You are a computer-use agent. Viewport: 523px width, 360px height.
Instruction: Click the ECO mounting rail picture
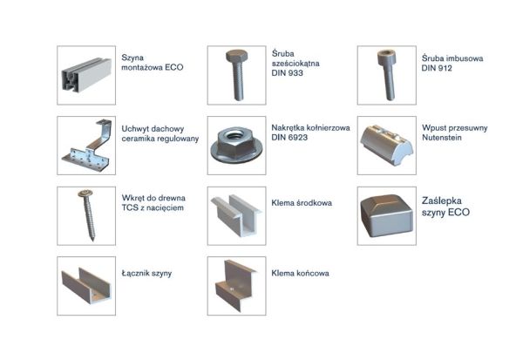click(x=86, y=76)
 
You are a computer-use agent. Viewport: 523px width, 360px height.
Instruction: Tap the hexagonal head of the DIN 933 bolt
click(x=236, y=56)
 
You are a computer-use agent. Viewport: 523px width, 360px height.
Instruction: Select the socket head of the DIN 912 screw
click(x=386, y=57)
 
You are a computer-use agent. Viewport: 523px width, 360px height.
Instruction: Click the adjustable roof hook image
click(x=86, y=146)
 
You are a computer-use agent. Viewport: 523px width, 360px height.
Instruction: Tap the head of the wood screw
click(x=85, y=194)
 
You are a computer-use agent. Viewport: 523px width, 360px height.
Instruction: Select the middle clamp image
click(x=236, y=215)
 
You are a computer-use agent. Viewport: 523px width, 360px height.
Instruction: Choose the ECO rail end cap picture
click(x=387, y=215)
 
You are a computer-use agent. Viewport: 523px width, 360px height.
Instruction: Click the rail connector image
click(x=86, y=286)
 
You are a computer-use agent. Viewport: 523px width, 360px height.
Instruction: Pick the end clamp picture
click(x=236, y=286)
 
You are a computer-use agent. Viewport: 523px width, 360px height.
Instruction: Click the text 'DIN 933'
click(x=287, y=72)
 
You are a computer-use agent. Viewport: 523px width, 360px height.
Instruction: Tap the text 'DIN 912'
click(x=437, y=68)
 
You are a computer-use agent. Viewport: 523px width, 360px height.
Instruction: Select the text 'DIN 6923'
click(x=289, y=137)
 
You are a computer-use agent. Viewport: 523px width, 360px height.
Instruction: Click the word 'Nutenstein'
click(x=442, y=137)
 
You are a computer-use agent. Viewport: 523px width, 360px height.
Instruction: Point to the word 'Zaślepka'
click(x=442, y=200)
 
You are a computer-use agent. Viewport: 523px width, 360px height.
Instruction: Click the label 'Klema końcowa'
click(x=300, y=273)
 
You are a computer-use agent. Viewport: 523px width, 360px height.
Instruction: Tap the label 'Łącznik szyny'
click(x=146, y=273)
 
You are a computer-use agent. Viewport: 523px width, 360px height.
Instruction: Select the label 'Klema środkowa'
click(x=302, y=203)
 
